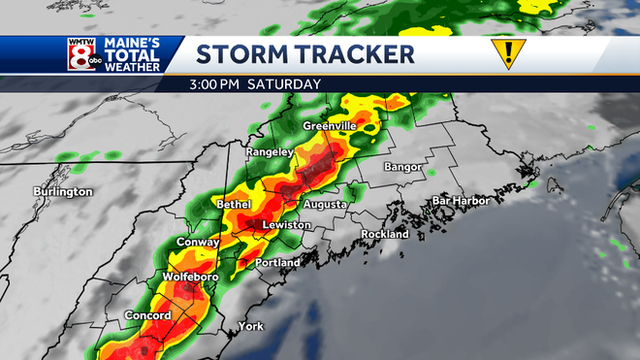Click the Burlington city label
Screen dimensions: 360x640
coord(62,191)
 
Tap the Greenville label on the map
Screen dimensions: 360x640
coord(330,127)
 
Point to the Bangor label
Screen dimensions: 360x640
coord(402,167)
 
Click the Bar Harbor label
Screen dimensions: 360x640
coord(461,201)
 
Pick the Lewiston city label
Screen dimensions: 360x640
coord(287,225)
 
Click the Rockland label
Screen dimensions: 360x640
coord(385,235)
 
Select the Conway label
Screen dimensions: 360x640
coord(197,242)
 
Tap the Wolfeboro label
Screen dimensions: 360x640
coord(190,278)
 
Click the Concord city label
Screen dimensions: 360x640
coord(148,315)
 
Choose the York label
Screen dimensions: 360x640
coord(250,326)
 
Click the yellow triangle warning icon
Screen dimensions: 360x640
coord(505,54)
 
